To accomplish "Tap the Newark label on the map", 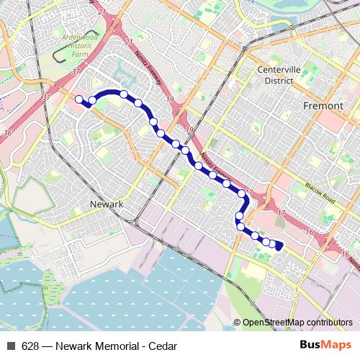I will (x=107, y=204).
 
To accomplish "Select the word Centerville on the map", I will (x=277, y=71).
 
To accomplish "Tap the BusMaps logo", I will (x=325, y=345).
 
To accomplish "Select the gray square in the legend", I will (x=11, y=346).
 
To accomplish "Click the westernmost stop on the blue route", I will (x=79, y=100).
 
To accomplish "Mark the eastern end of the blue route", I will (x=279, y=248).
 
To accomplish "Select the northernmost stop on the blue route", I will (x=124, y=94).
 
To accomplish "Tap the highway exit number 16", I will (x=308, y=232).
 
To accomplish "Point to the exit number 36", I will (x=8, y=132).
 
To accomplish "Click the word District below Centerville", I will (x=277, y=80).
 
